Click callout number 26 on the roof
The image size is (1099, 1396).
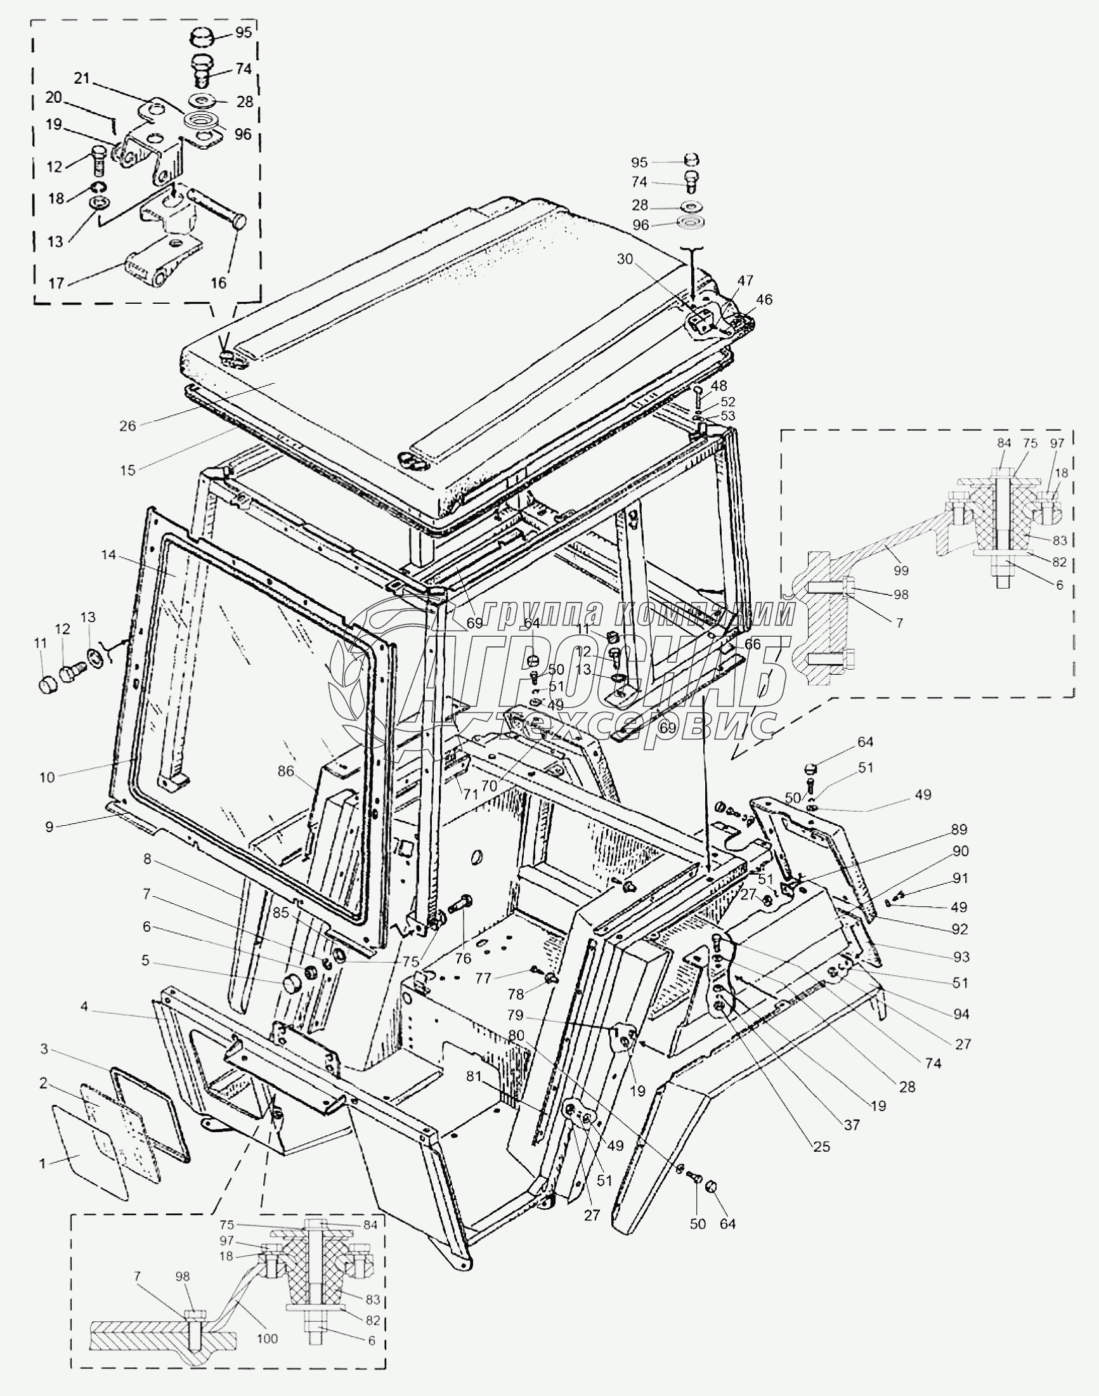click(x=127, y=426)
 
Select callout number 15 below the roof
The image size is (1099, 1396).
click(x=127, y=470)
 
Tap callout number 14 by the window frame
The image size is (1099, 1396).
click(x=108, y=555)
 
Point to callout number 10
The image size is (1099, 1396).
click(x=47, y=777)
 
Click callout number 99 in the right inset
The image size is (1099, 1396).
click(x=901, y=570)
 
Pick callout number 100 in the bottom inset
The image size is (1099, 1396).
click(x=267, y=1339)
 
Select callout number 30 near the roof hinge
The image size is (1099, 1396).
click(x=625, y=259)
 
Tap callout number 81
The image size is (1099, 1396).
click(x=474, y=1076)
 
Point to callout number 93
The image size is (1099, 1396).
click(x=961, y=957)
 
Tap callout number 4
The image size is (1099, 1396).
click(x=84, y=1006)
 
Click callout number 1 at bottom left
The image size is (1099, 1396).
click(x=42, y=1163)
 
